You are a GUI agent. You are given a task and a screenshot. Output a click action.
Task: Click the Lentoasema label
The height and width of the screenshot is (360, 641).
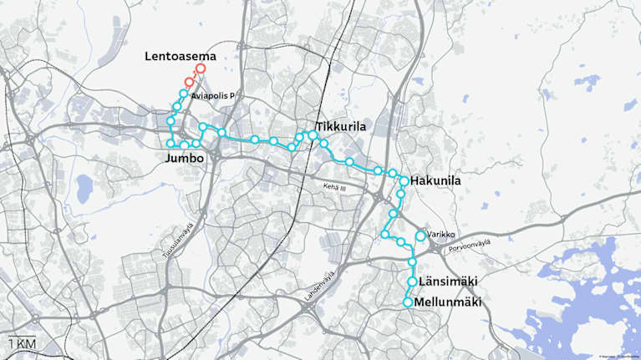pos(180,57)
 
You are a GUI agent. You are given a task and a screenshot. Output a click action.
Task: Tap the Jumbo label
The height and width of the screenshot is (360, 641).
pos(184,158)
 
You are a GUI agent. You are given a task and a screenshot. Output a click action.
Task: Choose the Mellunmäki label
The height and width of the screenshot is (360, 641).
pos(449,302)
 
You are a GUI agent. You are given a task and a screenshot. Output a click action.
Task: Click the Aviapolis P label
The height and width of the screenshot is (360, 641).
pos(212,97)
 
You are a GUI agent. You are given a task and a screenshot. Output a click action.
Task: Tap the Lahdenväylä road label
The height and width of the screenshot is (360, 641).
pos(320,285)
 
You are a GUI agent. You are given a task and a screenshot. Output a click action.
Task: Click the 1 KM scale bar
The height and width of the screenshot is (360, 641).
pos(22,343)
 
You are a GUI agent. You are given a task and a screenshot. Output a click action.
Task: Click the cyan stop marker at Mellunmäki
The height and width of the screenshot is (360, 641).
pos(408,302)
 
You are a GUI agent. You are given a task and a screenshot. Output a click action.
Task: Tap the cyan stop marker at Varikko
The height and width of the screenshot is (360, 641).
pos(420,236)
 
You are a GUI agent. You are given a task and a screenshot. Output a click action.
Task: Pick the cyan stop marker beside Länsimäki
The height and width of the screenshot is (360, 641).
pos(411,282)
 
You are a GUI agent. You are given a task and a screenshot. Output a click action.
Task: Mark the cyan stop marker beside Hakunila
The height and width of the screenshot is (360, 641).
pos(404,180)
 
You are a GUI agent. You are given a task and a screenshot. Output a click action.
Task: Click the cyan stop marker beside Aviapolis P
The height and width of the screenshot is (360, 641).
pos(183,94)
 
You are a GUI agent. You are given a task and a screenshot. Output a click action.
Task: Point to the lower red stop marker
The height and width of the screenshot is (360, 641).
pos(190,83)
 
